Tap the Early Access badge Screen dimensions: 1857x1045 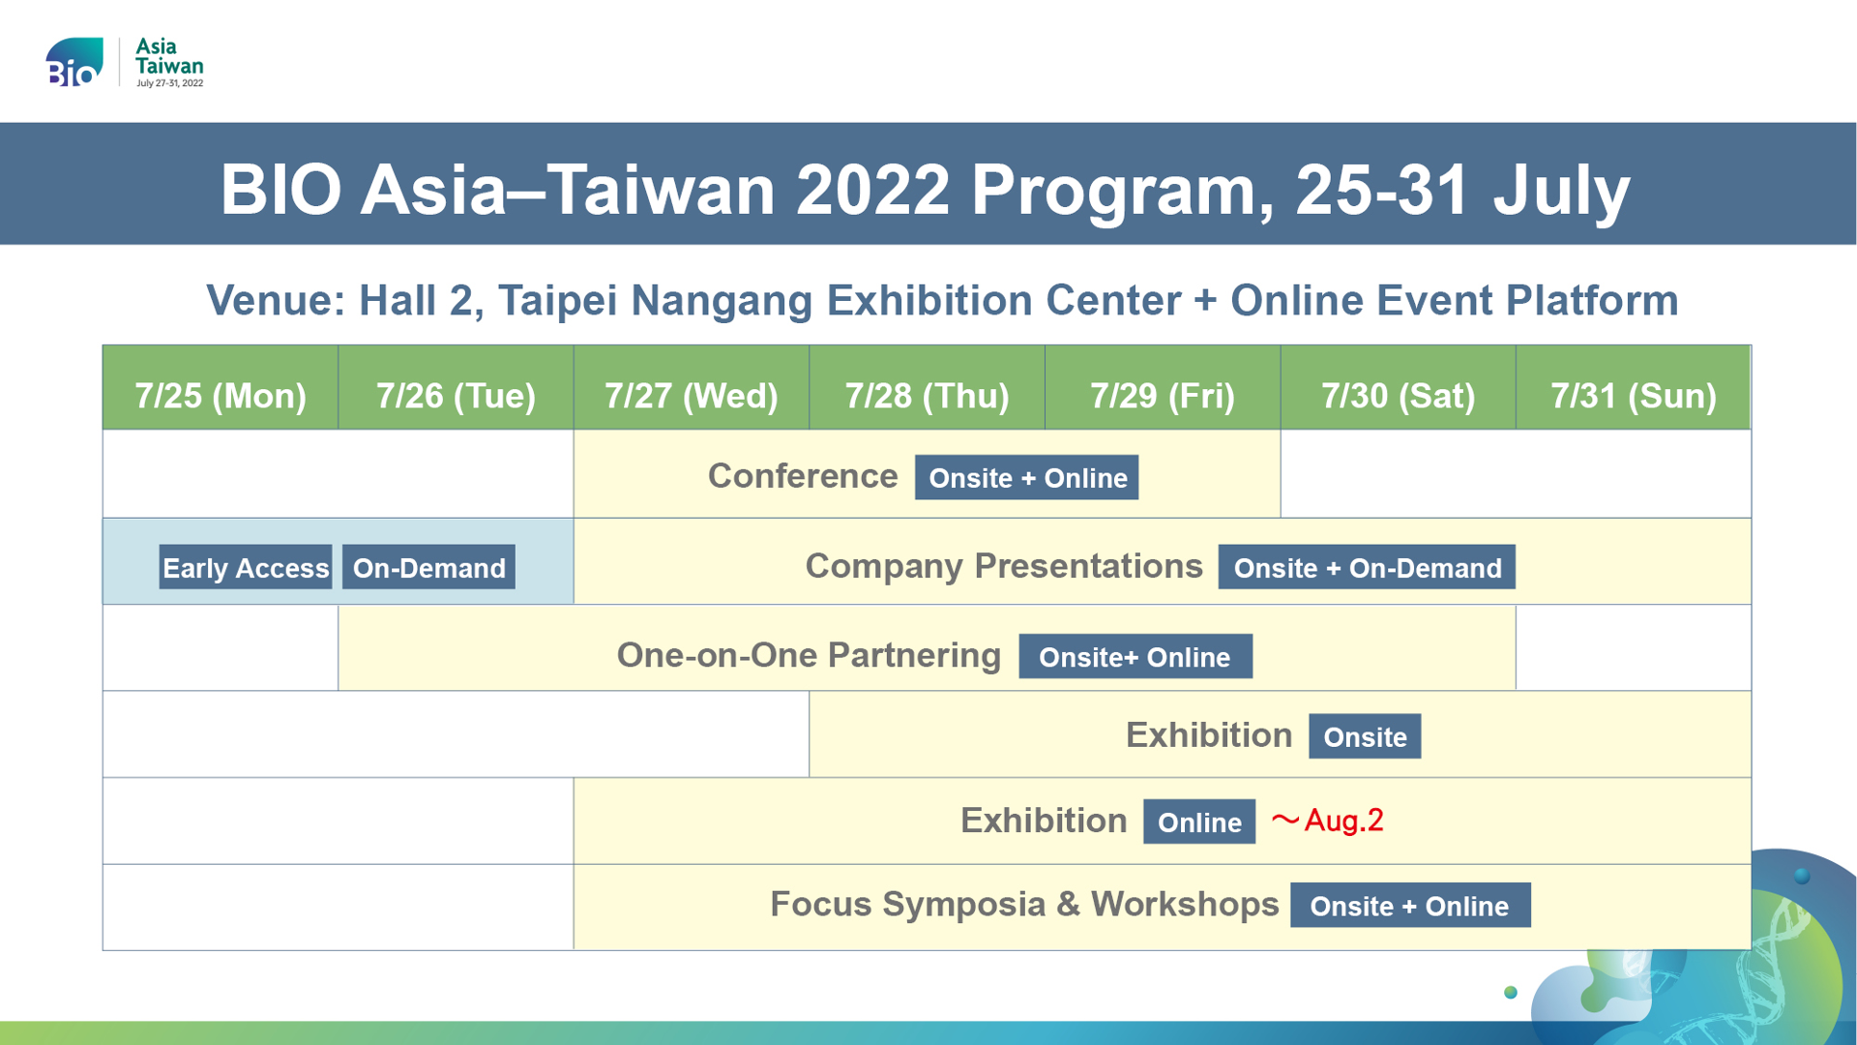[246, 567]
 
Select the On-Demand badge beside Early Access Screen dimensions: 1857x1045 [428, 567]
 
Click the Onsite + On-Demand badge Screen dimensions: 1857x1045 [1367, 567]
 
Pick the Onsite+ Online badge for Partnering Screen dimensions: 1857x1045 [1135, 656]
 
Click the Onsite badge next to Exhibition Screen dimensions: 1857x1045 [1365, 736]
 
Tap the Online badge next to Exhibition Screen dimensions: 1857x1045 [1199, 821]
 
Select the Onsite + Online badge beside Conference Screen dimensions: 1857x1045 [1027, 477]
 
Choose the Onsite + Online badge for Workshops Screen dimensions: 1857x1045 [1410, 905]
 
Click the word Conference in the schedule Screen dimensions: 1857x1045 [803, 476]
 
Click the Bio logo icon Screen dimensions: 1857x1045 [74, 62]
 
